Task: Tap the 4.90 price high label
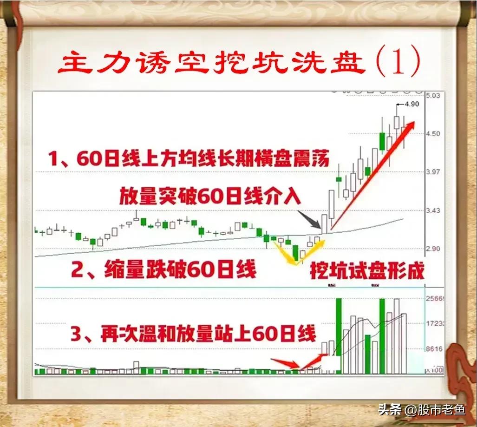pyautogui.click(x=412, y=104)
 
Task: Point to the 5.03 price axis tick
pyautogui.click(x=432, y=96)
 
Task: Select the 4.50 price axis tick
pyautogui.click(x=432, y=134)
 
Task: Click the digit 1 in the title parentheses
pyautogui.click(x=398, y=64)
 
